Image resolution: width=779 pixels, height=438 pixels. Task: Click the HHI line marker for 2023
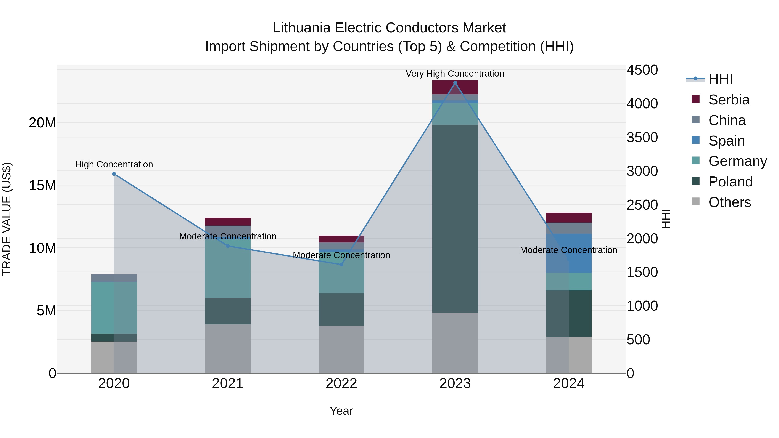(x=455, y=83)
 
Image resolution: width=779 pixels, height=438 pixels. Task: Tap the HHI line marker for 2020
(x=114, y=174)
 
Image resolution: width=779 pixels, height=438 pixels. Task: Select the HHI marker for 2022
(x=341, y=265)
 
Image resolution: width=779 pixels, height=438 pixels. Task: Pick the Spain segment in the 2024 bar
(x=569, y=253)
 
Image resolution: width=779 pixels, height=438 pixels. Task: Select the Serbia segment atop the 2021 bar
(x=228, y=221)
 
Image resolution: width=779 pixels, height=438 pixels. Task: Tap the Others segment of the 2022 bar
(x=341, y=349)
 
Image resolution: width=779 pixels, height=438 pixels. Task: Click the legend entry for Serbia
(x=729, y=100)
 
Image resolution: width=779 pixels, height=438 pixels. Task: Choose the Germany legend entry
(x=737, y=161)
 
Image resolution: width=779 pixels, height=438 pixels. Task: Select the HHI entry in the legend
(x=720, y=79)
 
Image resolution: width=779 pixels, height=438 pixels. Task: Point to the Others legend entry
(x=729, y=202)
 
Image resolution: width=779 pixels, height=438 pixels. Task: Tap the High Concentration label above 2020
(x=114, y=164)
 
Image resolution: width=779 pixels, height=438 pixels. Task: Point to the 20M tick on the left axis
(x=42, y=123)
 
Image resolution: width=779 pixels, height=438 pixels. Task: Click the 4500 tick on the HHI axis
(x=642, y=70)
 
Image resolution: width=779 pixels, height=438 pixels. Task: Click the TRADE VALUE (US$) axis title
(x=7, y=219)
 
